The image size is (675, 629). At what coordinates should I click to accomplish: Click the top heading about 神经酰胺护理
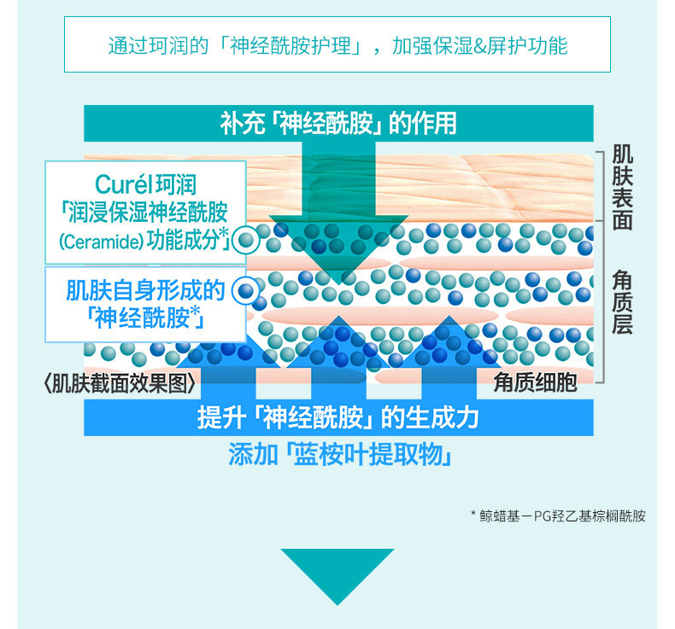pos(337,44)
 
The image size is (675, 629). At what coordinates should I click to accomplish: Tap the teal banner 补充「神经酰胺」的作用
pos(337,123)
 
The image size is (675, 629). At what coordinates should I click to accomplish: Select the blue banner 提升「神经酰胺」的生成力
pos(337,418)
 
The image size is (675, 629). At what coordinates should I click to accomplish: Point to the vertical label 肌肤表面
pos(622,187)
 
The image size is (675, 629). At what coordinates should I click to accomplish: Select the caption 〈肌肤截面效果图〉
pos(120,384)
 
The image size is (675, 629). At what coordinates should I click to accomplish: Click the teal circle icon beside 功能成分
pos(247,241)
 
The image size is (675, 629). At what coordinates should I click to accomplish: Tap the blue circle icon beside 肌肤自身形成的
pos(247,291)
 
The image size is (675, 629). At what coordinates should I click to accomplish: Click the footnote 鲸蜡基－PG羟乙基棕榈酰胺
pos(561,515)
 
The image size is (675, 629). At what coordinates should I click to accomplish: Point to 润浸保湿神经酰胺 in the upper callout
pos(145,213)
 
